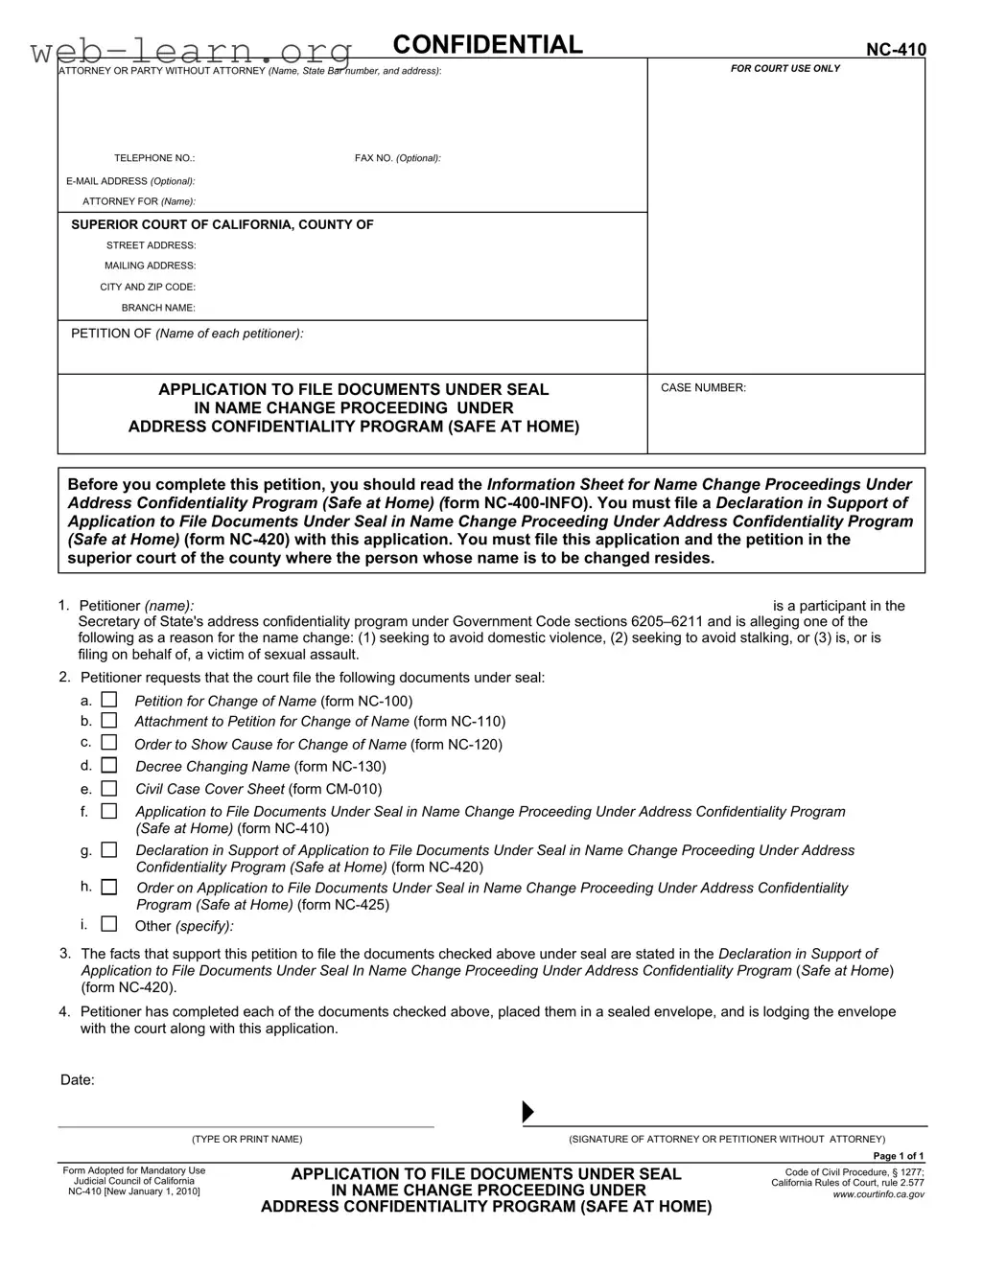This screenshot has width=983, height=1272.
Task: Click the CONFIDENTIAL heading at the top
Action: pos(487,45)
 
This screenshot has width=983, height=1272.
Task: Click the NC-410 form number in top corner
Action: pos(896,50)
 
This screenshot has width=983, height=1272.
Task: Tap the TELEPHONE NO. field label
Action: pos(154,158)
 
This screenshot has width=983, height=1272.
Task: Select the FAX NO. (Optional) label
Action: pos(397,158)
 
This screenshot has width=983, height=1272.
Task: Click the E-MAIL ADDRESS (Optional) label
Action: pos(130,181)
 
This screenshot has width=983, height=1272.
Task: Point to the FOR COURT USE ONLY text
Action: pos(784,69)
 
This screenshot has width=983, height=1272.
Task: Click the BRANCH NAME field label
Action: pos(158,308)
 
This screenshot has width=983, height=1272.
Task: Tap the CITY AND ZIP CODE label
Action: pos(148,287)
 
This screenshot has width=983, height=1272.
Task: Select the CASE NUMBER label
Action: pos(703,388)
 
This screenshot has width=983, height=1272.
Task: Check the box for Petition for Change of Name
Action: pos(109,701)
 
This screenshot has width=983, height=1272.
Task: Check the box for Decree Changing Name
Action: pos(109,765)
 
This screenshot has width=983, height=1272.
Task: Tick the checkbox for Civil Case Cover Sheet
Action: pos(109,788)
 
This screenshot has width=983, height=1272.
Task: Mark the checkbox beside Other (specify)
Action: pos(109,924)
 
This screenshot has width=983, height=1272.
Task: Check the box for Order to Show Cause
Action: pos(109,742)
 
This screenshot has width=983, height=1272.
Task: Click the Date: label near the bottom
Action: pos(78,1080)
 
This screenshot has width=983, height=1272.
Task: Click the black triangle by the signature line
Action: pos(527,1112)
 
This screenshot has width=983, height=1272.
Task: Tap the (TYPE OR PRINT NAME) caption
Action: pos(246,1139)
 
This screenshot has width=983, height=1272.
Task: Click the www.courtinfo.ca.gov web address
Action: pos(878,1194)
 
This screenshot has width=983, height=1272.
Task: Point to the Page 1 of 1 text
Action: pos(892,1156)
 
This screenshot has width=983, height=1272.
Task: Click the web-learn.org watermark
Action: pos(192,50)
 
